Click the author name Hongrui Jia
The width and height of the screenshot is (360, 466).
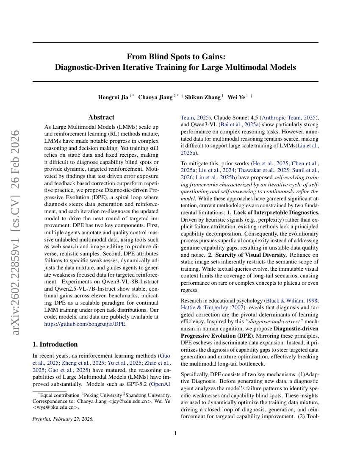(x=113, y=97)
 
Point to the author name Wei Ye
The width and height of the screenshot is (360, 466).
(x=236, y=97)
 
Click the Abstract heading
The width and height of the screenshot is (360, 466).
(x=101, y=117)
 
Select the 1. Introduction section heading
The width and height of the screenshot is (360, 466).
(x=55, y=344)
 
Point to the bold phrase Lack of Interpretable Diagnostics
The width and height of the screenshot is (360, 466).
(x=273, y=211)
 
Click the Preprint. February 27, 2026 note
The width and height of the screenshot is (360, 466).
(x=63, y=419)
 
